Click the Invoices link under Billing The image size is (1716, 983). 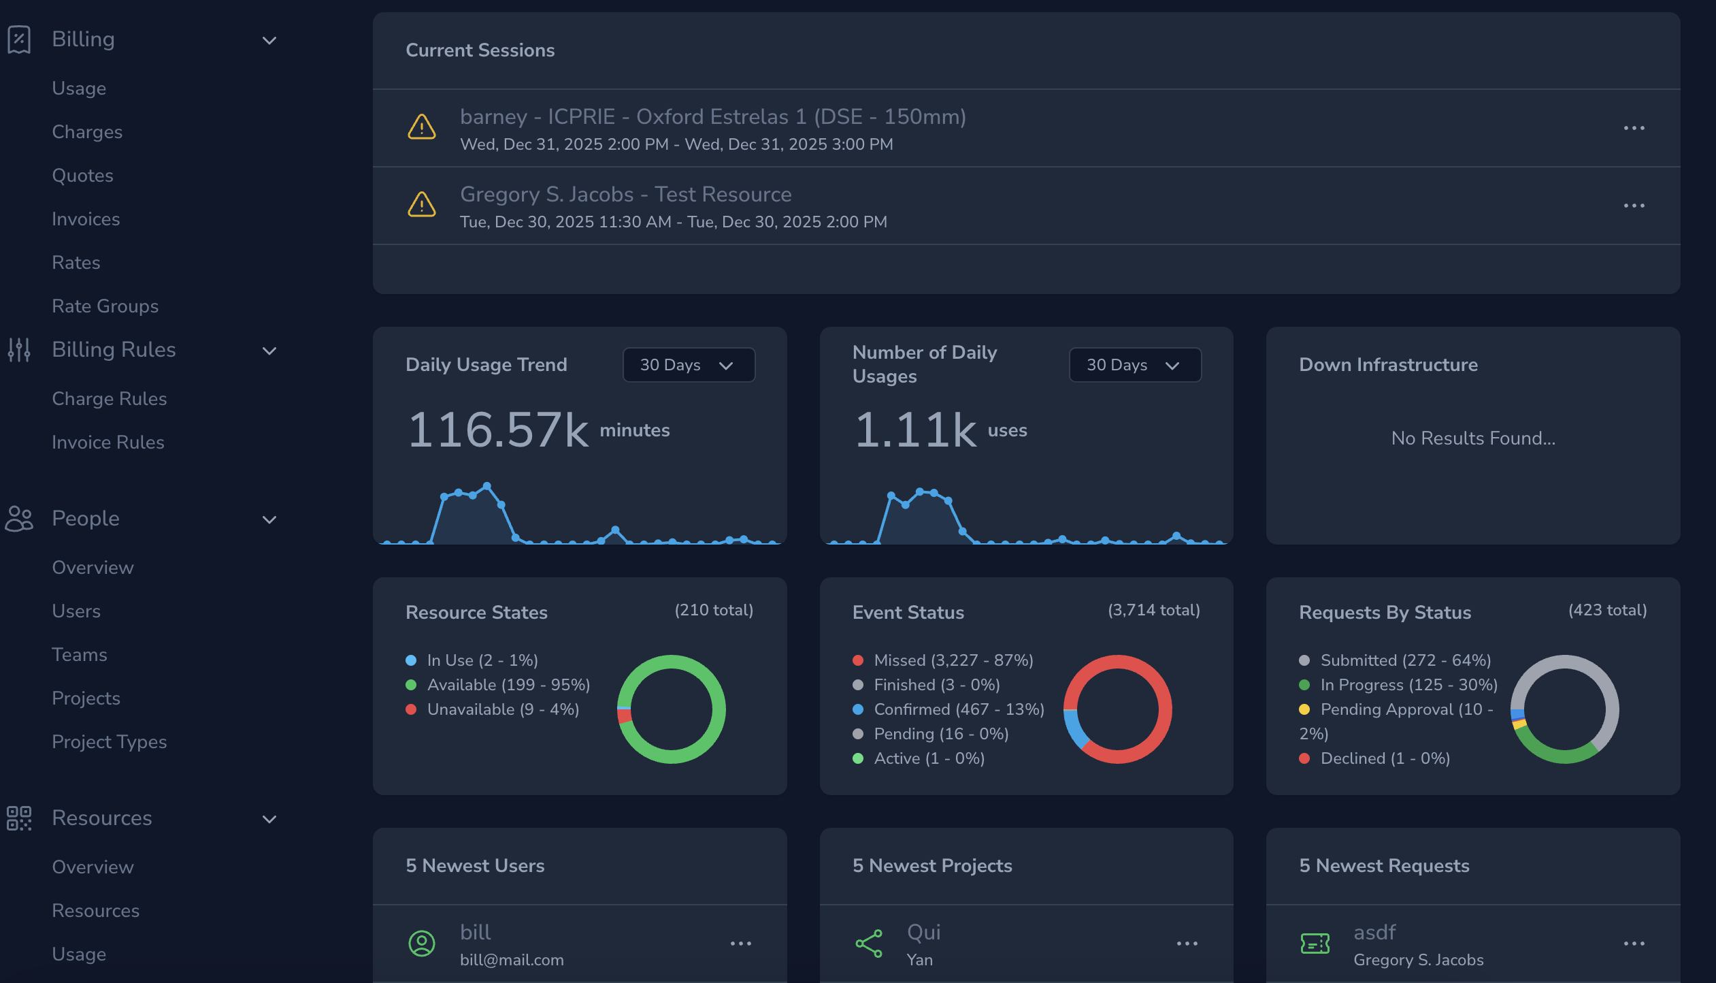point(86,219)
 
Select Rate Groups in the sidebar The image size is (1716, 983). point(105,306)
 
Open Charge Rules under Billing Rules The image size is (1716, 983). point(109,399)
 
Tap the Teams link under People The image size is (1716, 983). point(80,655)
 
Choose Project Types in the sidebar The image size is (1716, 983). point(109,742)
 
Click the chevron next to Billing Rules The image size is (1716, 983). point(269,351)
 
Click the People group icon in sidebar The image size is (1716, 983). point(19,519)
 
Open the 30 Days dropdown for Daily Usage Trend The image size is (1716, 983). point(688,365)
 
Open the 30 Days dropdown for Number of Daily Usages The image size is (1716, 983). point(1134,365)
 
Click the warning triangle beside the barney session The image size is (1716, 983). point(422,127)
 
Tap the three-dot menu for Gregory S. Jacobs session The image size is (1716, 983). point(1634,206)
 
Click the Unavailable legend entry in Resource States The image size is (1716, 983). point(503,709)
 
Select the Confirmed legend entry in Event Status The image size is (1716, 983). point(958,709)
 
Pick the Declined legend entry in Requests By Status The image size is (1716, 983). point(1385,758)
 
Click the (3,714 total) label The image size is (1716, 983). point(1153,610)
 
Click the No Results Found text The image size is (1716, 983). point(1473,438)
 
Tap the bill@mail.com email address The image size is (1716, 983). point(512,960)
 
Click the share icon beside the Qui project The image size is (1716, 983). point(869,944)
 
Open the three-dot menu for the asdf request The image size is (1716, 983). point(1634,944)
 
